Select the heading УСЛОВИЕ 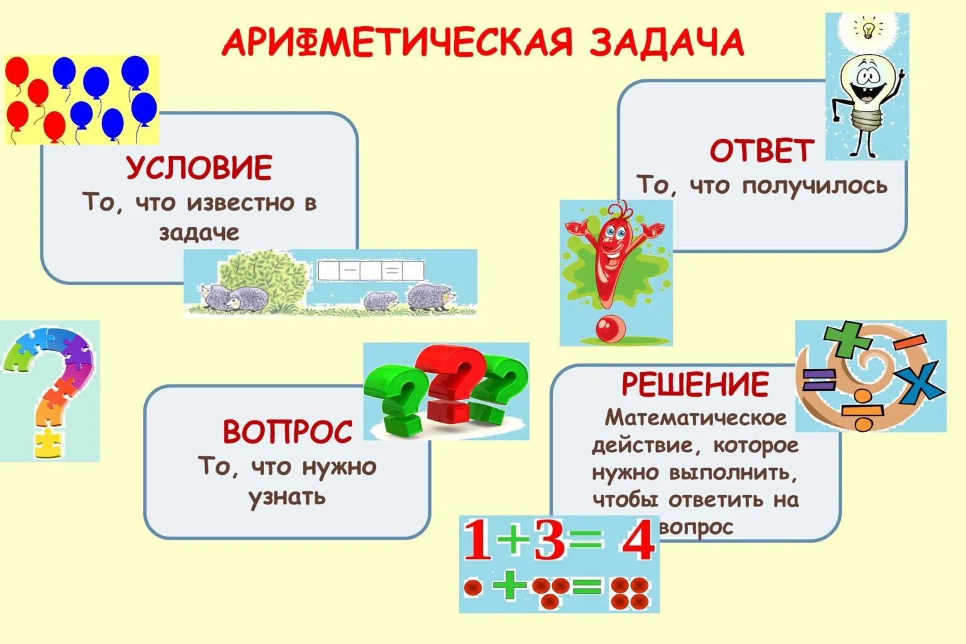[199, 168]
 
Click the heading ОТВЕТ [762, 151]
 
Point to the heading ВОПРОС [287, 431]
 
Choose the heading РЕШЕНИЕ [695, 384]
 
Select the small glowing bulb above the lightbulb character [869, 28]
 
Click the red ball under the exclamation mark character [608, 328]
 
